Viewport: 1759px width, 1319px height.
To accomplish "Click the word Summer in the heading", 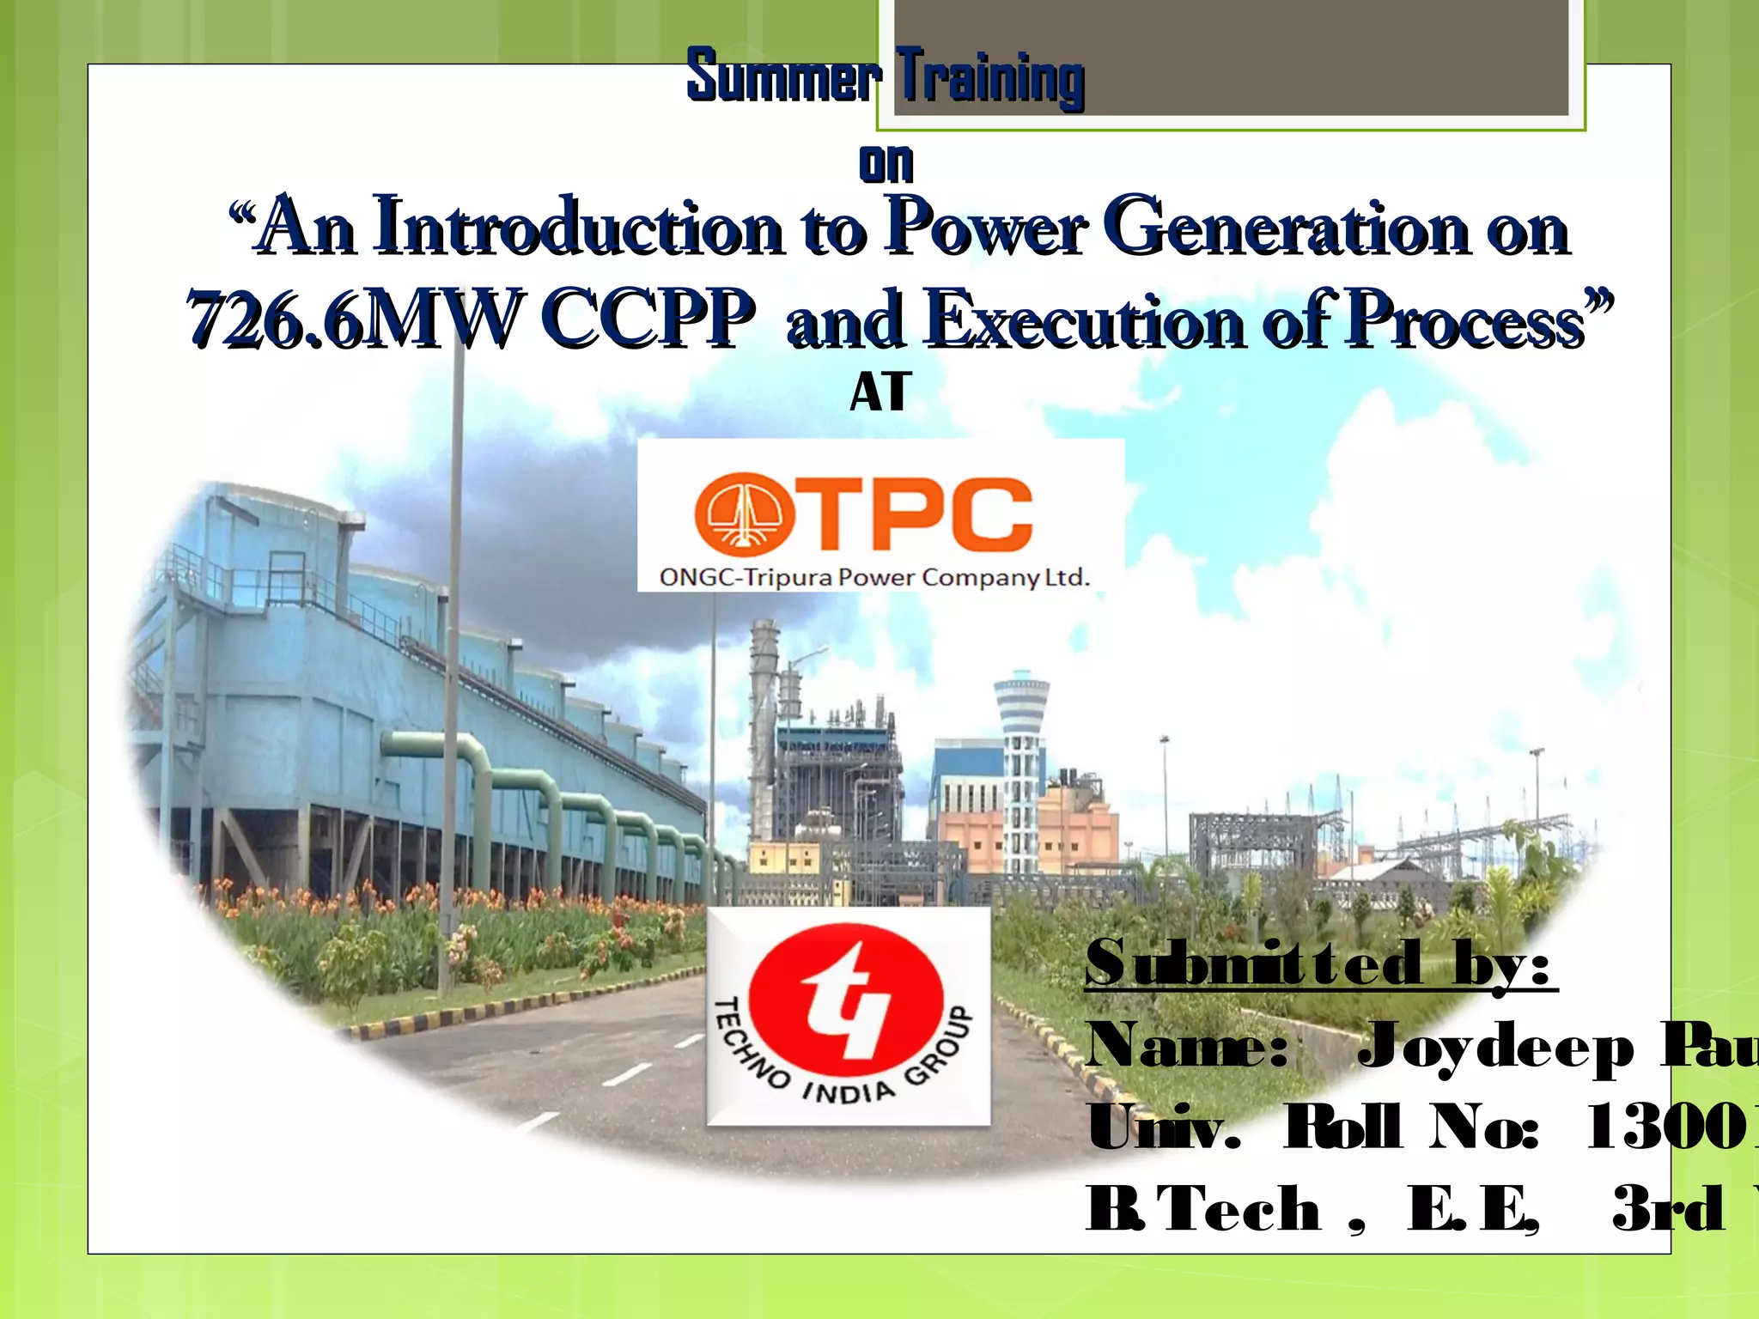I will pyautogui.click(x=783, y=76).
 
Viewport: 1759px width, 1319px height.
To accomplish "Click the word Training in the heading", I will pyautogui.click(x=990, y=78).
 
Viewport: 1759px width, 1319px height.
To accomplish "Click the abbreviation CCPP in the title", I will pyautogui.click(x=648, y=319).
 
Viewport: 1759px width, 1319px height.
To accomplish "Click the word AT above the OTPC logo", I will pyautogui.click(x=880, y=392).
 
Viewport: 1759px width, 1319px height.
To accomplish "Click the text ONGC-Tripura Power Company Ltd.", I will pyautogui.click(x=873, y=577).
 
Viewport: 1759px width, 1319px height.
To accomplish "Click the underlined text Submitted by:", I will pyautogui.click(x=1320, y=963).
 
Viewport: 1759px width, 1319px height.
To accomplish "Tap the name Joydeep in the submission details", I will pyautogui.click(x=1494, y=1047).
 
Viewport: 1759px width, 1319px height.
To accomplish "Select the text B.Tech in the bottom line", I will pyautogui.click(x=1202, y=1208).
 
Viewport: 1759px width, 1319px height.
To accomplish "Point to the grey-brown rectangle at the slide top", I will pyautogui.click(x=1231, y=57).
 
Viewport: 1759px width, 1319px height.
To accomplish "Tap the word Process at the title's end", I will pyautogui.click(x=1464, y=319).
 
